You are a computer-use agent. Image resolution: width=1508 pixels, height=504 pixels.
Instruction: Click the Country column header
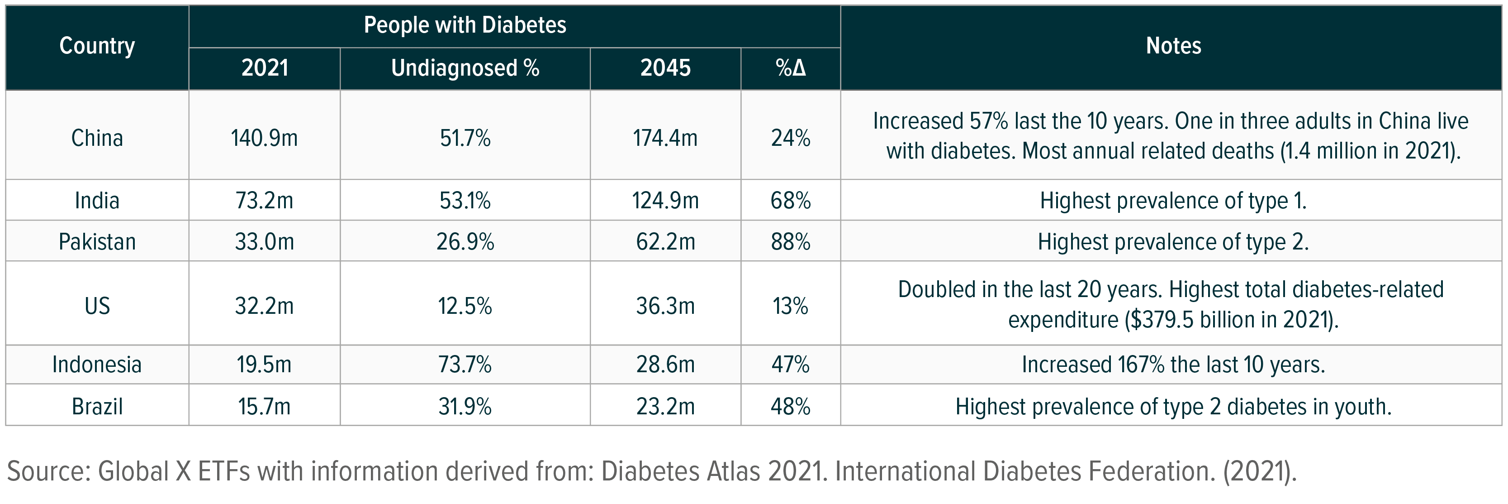pyautogui.click(x=97, y=46)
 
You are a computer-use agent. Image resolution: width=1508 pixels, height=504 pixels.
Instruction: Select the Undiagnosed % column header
pyautogui.click(x=465, y=68)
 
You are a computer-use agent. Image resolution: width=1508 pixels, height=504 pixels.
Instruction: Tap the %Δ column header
pyautogui.click(x=790, y=68)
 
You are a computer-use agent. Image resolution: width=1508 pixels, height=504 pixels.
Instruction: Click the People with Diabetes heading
pyautogui.click(x=465, y=25)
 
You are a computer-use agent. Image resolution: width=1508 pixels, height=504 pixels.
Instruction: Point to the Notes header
pyautogui.click(x=1173, y=46)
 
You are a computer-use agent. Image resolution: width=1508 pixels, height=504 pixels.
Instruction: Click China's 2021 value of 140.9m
pyautogui.click(x=264, y=138)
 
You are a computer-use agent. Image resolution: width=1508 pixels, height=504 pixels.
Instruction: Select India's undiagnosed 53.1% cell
pyautogui.click(x=465, y=201)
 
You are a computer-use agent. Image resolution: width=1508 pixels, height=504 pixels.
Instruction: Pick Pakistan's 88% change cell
pyautogui.click(x=790, y=242)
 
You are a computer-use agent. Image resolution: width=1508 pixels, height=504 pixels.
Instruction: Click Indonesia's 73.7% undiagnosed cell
pyautogui.click(x=465, y=365)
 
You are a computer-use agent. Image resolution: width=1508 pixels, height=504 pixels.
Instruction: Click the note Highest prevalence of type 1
pyautogui.click(x=1173, y=201)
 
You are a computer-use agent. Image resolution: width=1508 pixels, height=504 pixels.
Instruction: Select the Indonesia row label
pyautogui.click(x=97, y=365)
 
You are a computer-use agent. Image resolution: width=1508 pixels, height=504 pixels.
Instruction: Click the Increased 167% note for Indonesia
pyautogui.click(x=1173, y=365)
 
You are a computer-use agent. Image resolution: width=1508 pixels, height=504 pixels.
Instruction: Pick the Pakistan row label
pyautogui.click(x=97, y=242)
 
